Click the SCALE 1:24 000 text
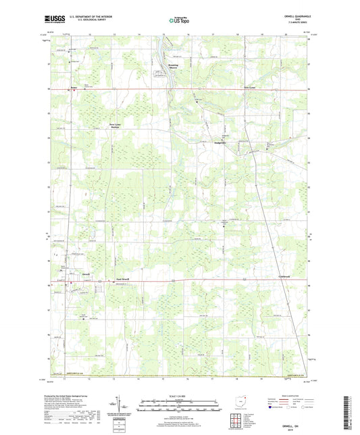tap(179, 395)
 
